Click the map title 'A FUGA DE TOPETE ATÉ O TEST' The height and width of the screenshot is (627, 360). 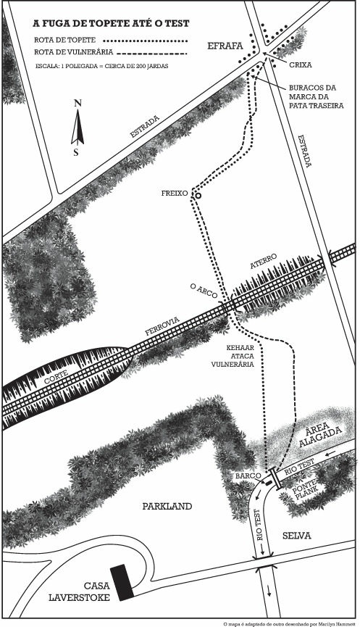point(111,24)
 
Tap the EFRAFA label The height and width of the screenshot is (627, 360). point(225,46)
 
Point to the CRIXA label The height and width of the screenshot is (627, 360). point(301,65)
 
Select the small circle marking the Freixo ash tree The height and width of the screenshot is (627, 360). point(197,196)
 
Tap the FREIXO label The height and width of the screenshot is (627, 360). point(175,193)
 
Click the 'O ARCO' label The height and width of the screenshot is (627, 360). point(204,291)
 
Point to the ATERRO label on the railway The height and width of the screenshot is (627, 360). point(264,262)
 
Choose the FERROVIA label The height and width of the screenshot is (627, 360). point(162,326)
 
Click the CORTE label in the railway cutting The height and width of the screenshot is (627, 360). point(56,376)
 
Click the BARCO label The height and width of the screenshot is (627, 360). point(248,476)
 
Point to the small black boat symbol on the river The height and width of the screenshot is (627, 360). point(269,483)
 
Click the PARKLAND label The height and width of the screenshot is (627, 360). point(167,506)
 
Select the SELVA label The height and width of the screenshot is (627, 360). point(296,536)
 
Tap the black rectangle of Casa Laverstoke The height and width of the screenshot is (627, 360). point(122,583)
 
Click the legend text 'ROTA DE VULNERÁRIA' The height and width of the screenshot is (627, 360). point(73,52)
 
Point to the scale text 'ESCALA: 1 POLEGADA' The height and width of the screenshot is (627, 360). point(65,65)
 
